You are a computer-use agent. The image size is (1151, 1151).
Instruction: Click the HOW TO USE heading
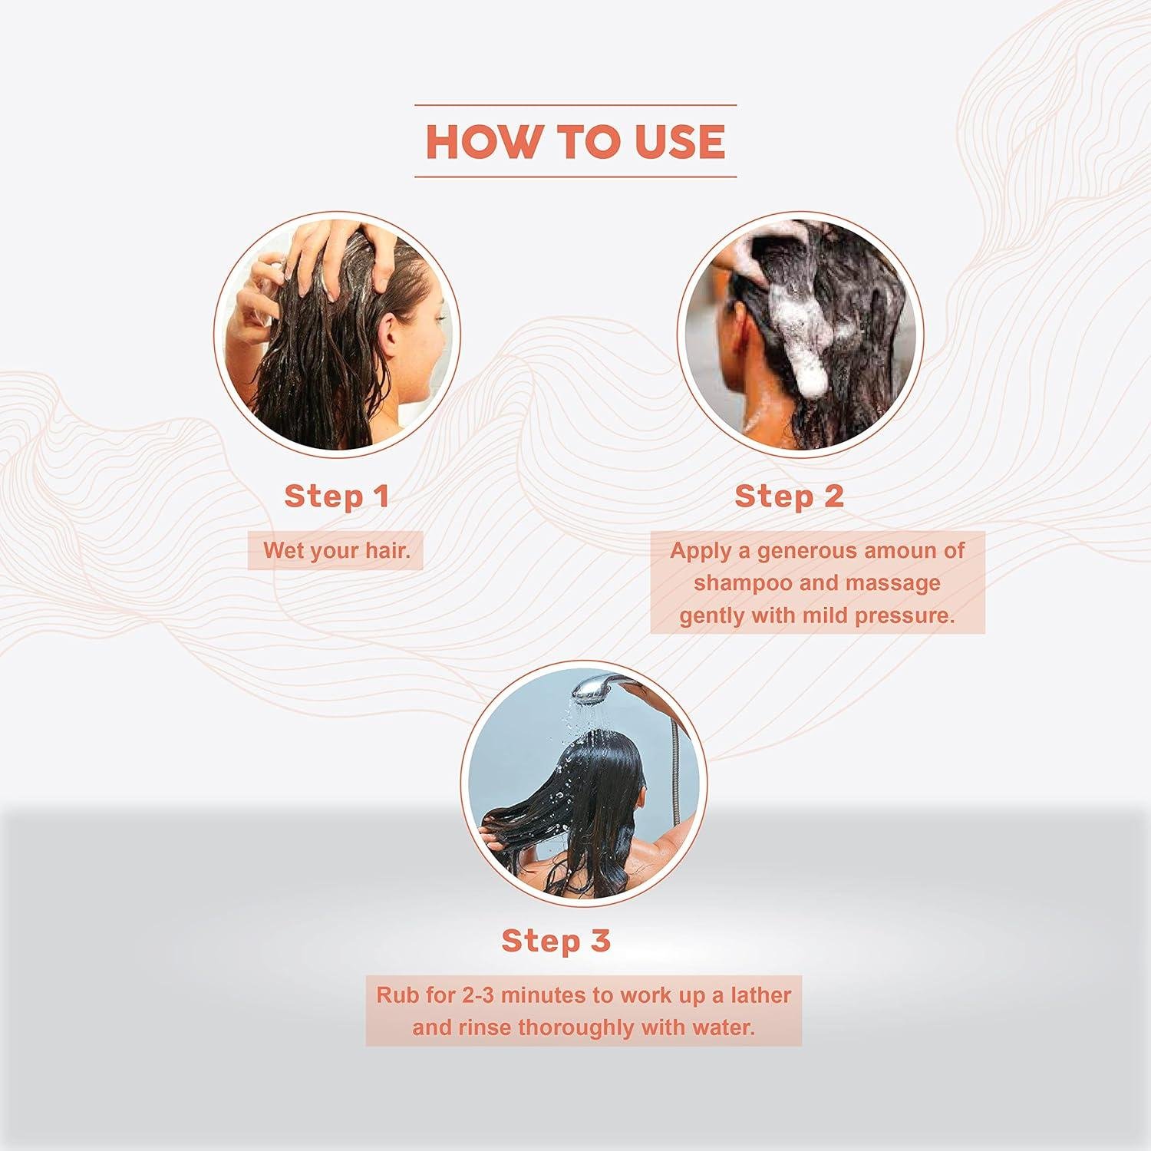(x=575, y=141)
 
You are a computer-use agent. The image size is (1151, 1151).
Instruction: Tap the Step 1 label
(x=337, y=496)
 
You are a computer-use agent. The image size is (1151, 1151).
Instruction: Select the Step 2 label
(x=790, y=496)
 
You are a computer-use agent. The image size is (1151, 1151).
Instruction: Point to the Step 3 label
(x=556, y=941)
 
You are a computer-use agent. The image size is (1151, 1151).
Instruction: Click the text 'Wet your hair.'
(x=337, y=550)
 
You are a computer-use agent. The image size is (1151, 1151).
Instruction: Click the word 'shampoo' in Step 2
(x=744, y=583)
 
